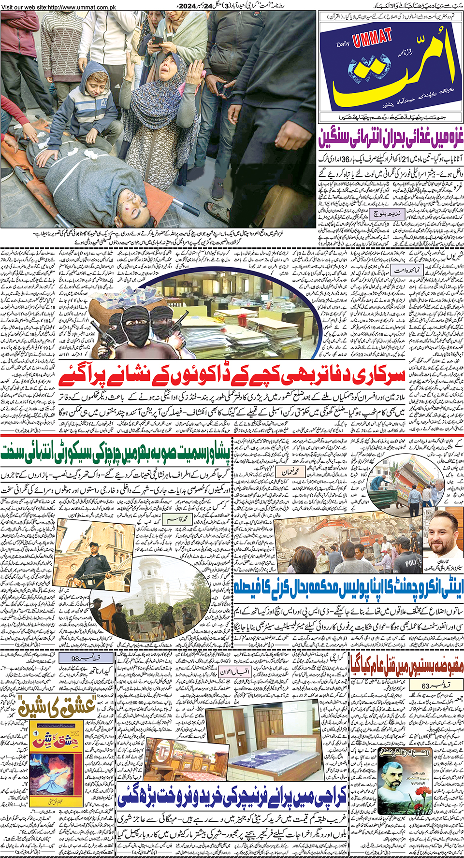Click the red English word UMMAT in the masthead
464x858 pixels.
(373, 38)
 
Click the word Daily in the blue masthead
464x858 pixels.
(343, 44)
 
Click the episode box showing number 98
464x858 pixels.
(78, 658)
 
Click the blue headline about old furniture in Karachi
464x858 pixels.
(232, 798)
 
